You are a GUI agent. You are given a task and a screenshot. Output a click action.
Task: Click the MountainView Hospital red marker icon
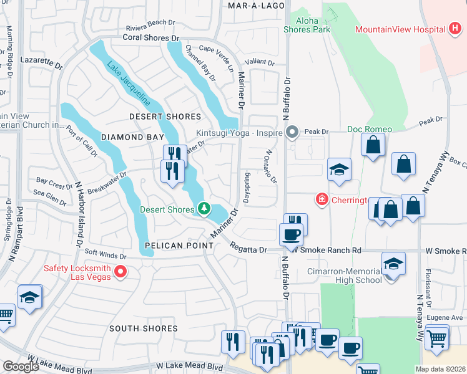point(455,29)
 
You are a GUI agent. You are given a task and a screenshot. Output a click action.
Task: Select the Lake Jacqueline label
point(128,82)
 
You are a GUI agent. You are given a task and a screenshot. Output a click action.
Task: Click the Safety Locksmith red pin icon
point(120,272)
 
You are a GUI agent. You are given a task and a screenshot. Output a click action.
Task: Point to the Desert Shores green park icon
point(204,209)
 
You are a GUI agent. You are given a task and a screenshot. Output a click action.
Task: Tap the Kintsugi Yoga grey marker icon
point(292,132)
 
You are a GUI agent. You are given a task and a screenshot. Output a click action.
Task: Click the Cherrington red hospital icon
point(322,199)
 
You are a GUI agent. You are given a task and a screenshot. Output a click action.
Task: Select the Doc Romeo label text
point(370,129)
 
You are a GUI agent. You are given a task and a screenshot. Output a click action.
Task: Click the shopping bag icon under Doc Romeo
point(373,146)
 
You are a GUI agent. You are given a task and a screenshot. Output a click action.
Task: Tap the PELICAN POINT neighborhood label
point(179,246)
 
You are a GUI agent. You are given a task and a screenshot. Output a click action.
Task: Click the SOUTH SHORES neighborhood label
point(144,328)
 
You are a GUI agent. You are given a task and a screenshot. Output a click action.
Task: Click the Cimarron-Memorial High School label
point(345,276)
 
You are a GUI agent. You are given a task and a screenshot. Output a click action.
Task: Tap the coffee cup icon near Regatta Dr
point(291,235)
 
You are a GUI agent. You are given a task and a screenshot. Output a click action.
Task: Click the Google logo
point(21,367)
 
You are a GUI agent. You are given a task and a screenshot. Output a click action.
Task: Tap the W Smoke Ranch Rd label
point(328,250)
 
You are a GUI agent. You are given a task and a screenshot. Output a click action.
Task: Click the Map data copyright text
point(440,369)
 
